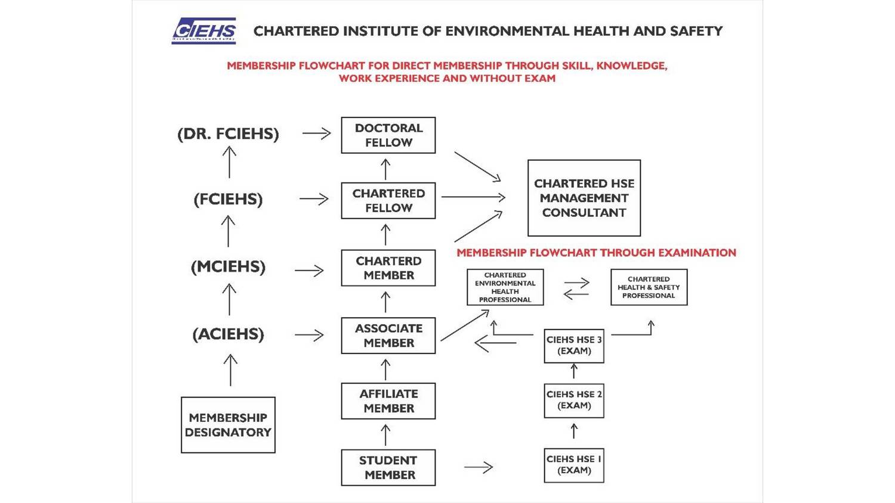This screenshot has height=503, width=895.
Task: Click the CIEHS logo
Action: click(x=203, y=31)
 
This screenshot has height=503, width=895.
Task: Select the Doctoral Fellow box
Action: click(x=388, y=135)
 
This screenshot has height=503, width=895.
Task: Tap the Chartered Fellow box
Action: click(x=388, y=201)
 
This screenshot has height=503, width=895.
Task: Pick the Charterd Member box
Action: click(x=388, y=268)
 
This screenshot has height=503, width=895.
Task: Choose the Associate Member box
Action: click(x=388, y=336)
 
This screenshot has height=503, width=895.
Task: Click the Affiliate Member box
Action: click(x=388, y=401)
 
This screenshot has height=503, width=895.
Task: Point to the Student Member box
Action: click(x=388, y=468)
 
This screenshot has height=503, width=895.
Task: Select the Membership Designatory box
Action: click(x=228, y=425)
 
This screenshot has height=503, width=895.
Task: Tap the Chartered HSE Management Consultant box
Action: click(x=584, y=198)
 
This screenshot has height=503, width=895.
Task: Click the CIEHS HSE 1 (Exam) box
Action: click(x=574, y=465)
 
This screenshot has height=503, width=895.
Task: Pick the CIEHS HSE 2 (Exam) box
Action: click(x=574, y=400)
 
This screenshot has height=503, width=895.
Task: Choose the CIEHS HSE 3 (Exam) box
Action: click(x=574, y=346)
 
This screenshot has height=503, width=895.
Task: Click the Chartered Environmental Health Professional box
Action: click(x=505, y=287)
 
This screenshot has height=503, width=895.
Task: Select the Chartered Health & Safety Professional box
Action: click(x=649, y=287)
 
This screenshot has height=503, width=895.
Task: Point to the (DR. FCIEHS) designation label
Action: click(x=228, y=134)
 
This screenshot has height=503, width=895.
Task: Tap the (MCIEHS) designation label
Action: click(x=228, y=267)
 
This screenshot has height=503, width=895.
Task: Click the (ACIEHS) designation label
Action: click(x=228, y=334)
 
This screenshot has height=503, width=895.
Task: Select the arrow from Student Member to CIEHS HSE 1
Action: click(x=479, y=468)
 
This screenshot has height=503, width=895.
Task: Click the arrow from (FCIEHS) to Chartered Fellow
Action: click(x=314, y=198)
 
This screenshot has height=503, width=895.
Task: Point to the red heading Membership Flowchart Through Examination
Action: click(x=596, y=253)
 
